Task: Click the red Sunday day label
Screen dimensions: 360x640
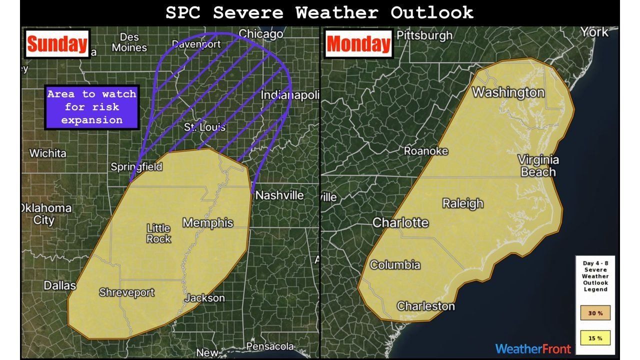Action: tap(56, 44)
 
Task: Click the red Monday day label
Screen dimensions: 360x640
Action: tap(358, 44)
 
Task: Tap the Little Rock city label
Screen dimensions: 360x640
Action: tap(158, 233)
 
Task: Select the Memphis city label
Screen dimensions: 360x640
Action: tap(207, 222)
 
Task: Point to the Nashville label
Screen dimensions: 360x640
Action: tap(279, 195)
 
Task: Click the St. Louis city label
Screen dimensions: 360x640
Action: tap(204, 127)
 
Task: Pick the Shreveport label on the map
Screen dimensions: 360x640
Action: tap(126, 292)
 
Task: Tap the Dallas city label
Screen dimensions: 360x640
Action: tap(59, 285)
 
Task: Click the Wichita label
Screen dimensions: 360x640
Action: tap(47, 153)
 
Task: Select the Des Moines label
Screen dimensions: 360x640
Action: tap(129, 43)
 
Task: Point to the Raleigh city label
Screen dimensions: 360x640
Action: tap(463, 203)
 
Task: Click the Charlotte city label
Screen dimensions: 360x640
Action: tap(400, 222)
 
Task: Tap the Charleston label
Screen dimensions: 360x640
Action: tap(425, 306)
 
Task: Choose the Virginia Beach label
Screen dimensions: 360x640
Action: tap(538, 166)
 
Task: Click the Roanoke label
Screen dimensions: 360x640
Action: tap(425, 151)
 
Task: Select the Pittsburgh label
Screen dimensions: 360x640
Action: tap(424, 35)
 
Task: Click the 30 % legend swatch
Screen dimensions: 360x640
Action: tap(595, 313)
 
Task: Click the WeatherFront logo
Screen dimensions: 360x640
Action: tap(532, 348)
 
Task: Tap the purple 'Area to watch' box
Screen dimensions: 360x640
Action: tap(91, 107)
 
